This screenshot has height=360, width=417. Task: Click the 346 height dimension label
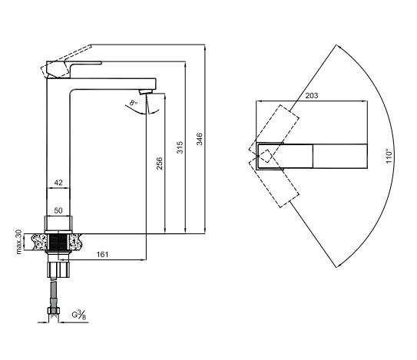tap(199, 139)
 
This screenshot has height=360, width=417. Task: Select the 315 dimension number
tap(180, 147)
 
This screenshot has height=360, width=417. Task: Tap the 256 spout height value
tap(159, 163)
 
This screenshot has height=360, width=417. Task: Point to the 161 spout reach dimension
tap(102, 254)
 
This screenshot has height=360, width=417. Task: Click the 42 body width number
tap(58, 183)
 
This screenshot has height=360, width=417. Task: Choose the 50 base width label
tap(58, 210)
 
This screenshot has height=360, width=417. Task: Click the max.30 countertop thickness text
tap(18, 242)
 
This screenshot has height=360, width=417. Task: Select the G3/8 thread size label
tap(79, 315)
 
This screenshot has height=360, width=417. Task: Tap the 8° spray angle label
tap(133, 102)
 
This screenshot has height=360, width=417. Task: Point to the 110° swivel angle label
tap(389, 156)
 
